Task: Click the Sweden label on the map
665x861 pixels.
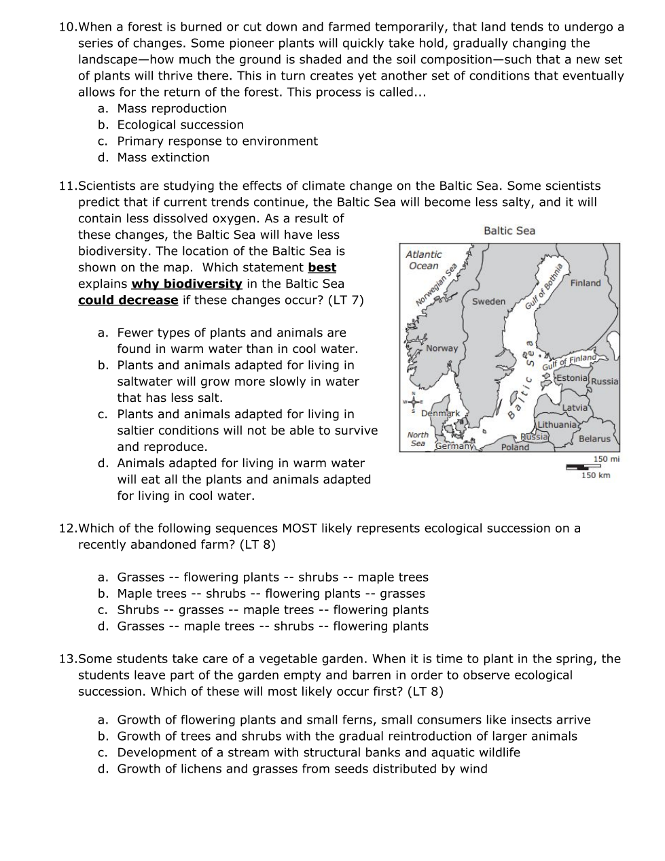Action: (x=488, y=301)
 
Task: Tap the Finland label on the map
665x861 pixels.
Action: (x=586, y=283)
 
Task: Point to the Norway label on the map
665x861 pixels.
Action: (x=442, y=348)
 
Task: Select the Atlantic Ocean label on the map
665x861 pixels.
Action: (x=423, y=260)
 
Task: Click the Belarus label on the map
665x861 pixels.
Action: (x=594, y=439)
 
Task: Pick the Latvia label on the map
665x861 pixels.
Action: (x=575, y=407)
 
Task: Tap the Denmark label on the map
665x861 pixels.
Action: (x=440, y=413)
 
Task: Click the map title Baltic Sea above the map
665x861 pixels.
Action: (x=509, y=231)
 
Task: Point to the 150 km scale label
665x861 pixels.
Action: (x=596, y=475)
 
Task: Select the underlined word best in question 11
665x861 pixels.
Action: (x=322, y=268)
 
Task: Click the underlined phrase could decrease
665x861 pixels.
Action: (x=128, y=301)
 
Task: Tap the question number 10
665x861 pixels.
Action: (x=67, y=27)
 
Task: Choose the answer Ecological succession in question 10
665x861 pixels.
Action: (x=180, y=125)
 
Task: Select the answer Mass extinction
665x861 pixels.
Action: (x=163, y=158)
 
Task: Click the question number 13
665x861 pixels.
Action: (x=67, y=659)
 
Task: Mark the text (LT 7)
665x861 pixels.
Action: (x=346, y=301)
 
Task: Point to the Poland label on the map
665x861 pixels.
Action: (x=515, y=448)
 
